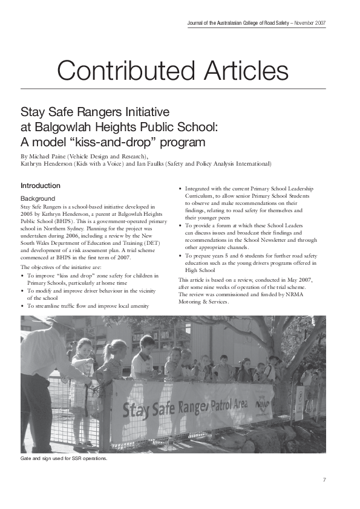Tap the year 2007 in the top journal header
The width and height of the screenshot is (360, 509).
tap(319, 22)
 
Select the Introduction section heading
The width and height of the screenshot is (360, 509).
tap(41, 186)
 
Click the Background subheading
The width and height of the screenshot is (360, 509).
tap(38, 198)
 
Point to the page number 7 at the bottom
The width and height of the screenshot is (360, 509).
tap(324, 480)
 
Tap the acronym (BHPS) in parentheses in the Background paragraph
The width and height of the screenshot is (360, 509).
tap(65, 221)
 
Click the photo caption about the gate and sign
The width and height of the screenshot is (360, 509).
tap(64, 459)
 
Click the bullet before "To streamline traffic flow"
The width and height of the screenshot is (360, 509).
tap(22, 306)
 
